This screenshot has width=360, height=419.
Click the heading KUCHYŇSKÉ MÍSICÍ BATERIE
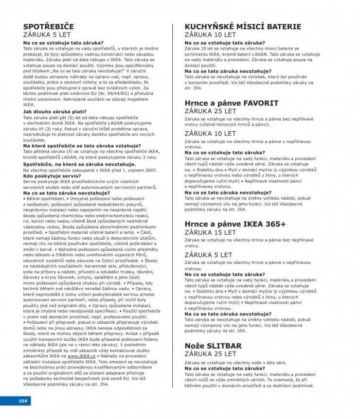243,27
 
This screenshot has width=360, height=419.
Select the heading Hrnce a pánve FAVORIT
232,103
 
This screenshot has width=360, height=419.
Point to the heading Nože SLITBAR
213,346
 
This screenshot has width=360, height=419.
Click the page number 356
23,401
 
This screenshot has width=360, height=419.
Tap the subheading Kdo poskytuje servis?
47,175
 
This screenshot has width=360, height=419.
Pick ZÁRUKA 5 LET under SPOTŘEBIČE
47,35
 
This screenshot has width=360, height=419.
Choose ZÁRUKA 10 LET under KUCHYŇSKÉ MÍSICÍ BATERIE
210,35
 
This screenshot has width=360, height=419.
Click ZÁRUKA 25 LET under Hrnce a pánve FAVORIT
210,111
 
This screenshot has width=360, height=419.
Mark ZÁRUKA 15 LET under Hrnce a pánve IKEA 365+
210,232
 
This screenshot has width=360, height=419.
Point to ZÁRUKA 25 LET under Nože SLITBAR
210,354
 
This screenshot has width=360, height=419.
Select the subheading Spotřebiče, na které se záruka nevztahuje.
72,164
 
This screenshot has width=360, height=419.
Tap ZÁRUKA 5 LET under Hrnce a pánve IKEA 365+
208,255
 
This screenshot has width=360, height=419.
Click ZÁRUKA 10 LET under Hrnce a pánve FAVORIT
210,133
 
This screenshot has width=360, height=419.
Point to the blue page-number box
15,401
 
